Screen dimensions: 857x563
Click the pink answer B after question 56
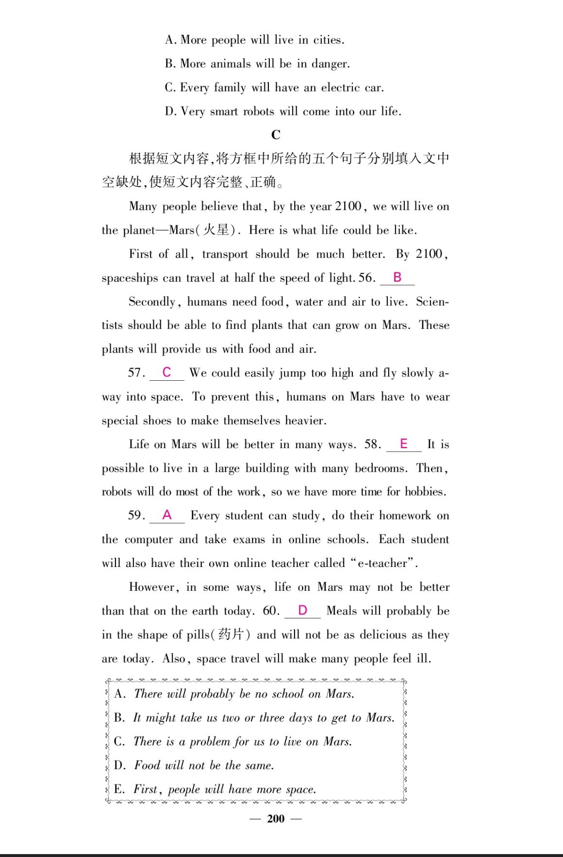(x=397, y=277)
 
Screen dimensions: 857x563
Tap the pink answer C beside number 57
(x=166, y=372)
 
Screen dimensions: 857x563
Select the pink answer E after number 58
(x=403, y=444)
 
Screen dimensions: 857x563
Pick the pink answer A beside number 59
(x=167, y=515)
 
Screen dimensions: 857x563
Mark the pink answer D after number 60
(x=302, y=610)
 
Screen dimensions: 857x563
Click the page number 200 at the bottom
(x=276, y=819)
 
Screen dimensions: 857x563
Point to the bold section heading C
(x=276, y=135)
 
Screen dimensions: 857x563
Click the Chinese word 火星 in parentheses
(x=216, y=230)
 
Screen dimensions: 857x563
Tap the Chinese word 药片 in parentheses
(x=231, y=634)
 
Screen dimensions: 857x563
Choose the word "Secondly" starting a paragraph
(x=152, y=302)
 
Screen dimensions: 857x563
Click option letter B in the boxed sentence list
(x=119, y=718)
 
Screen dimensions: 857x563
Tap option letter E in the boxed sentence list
(x=118, y=789)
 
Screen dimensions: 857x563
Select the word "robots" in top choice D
(x=258, y=112)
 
